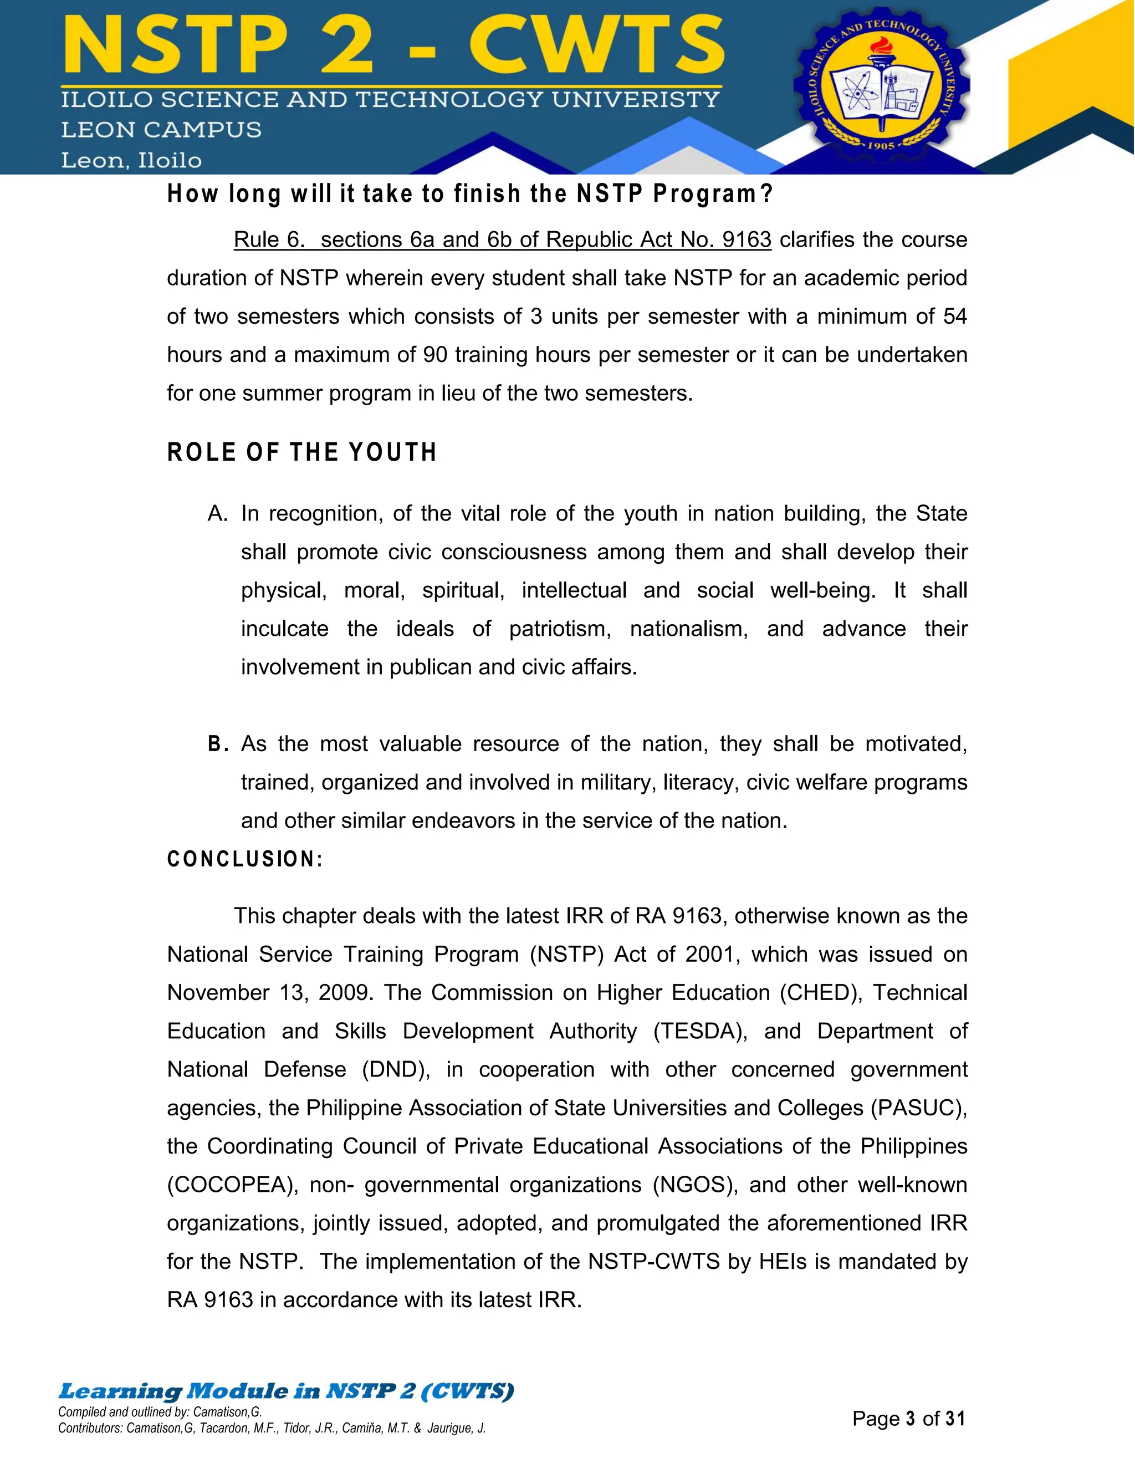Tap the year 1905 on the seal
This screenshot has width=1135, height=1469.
[881, 145]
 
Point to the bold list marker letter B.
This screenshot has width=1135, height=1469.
[215, 744]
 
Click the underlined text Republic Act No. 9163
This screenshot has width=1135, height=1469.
[658, 239]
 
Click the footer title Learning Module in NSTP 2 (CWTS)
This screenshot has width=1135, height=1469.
[286, 1390]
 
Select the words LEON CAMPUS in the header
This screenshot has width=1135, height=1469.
[161, 130]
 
